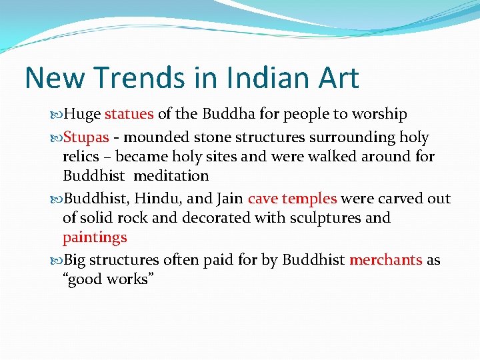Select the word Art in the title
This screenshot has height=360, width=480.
(336, 77)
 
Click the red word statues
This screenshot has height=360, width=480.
(129, 114)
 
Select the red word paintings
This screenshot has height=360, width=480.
(95, 237)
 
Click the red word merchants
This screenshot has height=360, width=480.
(386, 259)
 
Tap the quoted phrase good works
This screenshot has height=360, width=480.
(109, 279)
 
